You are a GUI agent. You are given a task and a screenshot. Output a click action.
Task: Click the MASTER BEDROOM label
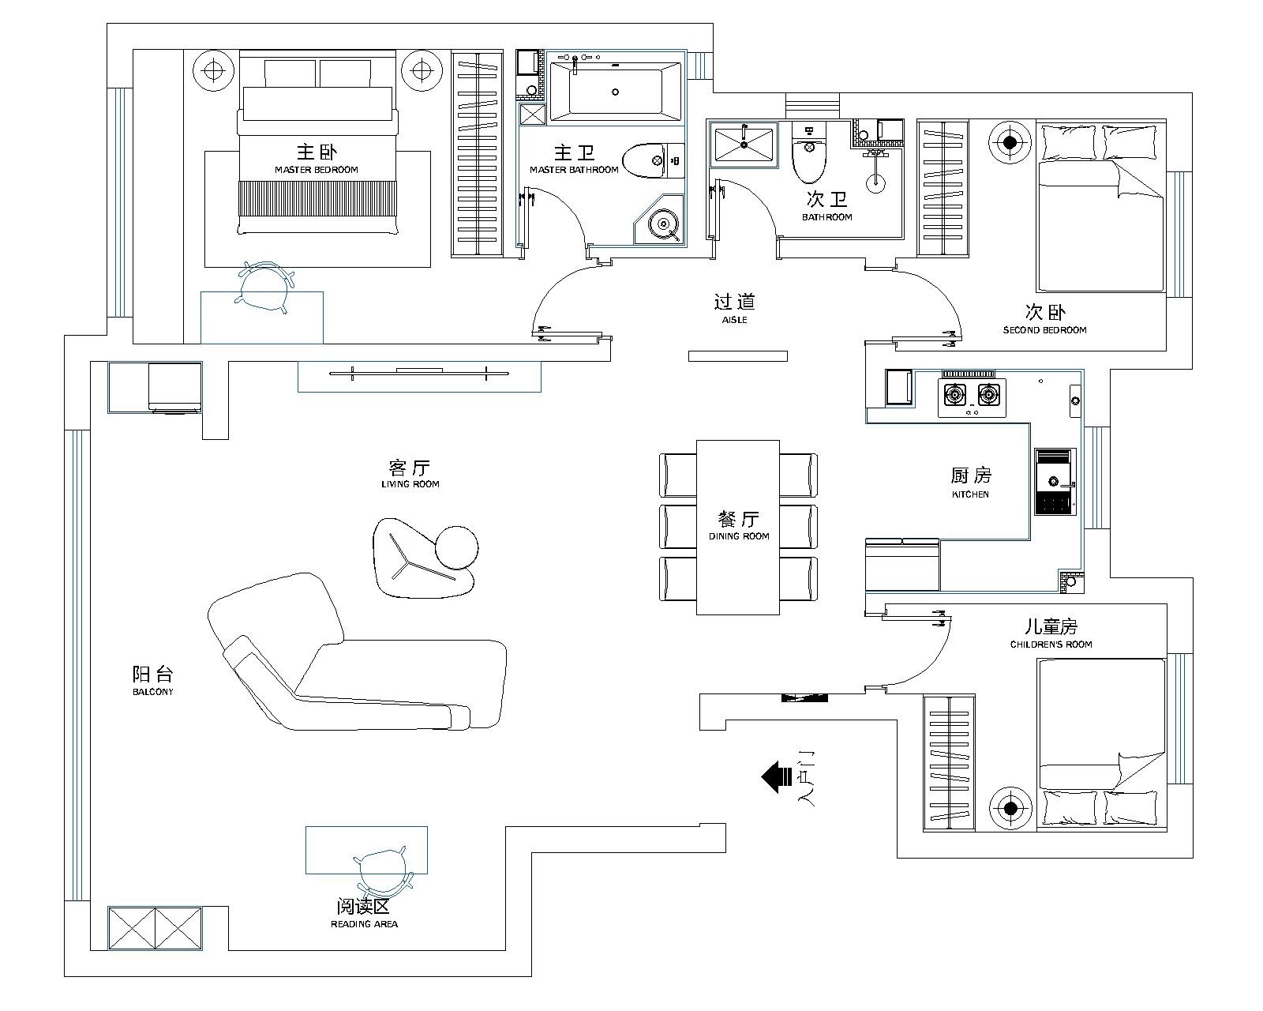pyautogui.click(x=316, y=170)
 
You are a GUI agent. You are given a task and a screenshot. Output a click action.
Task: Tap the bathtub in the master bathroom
pyautogui.click(x=616, y=92)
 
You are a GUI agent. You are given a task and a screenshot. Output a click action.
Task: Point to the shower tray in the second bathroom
pyautogui.click(x=743, y=145)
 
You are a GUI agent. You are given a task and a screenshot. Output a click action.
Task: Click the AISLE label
pyautogui.click(x=734, y=320)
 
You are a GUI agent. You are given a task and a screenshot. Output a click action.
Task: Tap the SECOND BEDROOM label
pyautogui.click(x=1044, y=330)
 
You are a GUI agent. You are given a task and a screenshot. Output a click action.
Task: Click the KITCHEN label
pyautogui.click(x=970, y=494)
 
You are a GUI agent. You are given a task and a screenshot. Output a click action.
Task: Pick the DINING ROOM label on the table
pyautogui.click(x=738, y=536)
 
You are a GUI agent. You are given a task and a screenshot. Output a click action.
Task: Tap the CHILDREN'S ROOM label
pyautogui.click(x=1051, y=645)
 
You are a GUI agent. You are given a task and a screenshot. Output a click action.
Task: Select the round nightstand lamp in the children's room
pyautogui.click(x=1010, y=808)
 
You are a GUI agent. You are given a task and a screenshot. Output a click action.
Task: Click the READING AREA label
pyautogui.click(x=364, y=924)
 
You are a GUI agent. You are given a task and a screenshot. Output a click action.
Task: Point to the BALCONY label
pyautogui.click(x=152, y=692)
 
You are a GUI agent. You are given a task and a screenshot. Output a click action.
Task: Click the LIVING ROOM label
pyautogui.click(x=410, y=484)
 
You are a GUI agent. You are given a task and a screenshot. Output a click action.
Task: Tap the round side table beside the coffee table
pyautogui.click(x=456, y=547)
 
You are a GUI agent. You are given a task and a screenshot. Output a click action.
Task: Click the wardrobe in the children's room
pyautogui.click(x=948, y=762)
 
